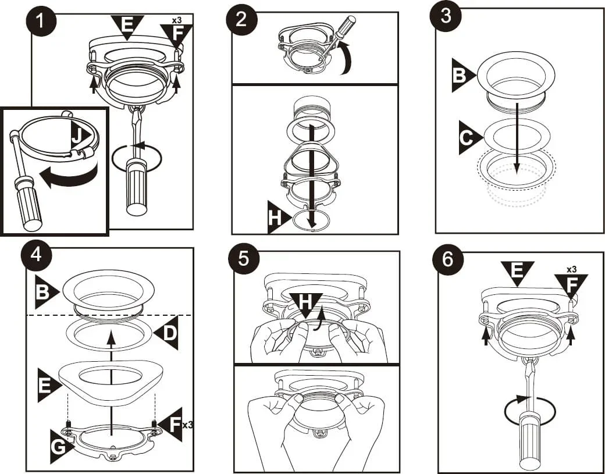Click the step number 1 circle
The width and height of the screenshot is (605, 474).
[41, 21]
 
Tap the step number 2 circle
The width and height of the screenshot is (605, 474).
[241, 20]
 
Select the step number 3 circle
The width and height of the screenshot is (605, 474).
[446, 18]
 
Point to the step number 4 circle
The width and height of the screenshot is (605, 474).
[37, 256]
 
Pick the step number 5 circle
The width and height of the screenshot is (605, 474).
[244, 259]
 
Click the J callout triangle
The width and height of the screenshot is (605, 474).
[80, 135]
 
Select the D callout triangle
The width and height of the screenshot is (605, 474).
[166, 333]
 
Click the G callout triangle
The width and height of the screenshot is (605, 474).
[61, 447]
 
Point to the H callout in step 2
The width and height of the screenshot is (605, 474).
[279, 217]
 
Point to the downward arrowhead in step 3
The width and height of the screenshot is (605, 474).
[517, 169]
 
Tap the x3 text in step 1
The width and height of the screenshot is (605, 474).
[176, 20]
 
